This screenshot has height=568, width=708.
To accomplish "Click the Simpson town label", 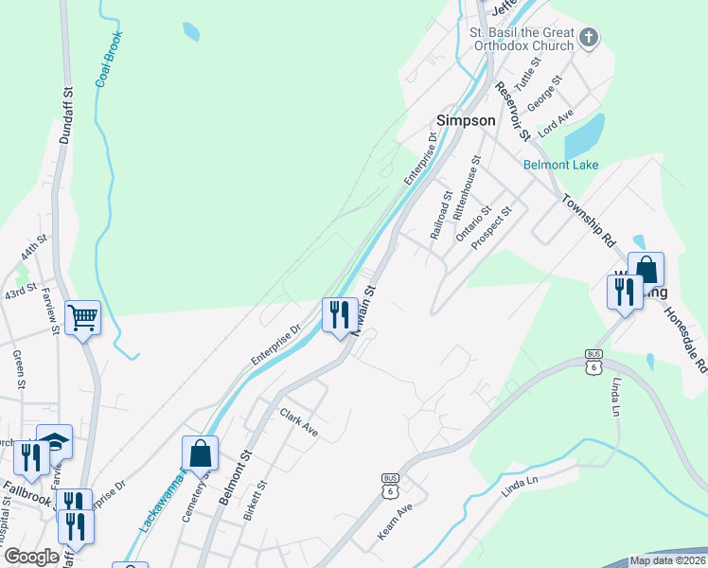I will (465, 120).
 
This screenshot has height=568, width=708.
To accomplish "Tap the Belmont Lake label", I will (560, 165).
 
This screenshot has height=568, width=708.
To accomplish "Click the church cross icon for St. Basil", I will (589, 38).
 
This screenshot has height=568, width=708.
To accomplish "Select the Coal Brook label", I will (109, 60).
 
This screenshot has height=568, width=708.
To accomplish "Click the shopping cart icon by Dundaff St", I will (83, 317).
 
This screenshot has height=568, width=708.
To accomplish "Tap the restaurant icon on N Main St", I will (340, 313).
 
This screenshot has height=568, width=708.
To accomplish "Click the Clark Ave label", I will (299, 421).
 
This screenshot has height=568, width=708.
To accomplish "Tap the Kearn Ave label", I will (396, 522).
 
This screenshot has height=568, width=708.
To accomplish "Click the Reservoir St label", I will (508, 110).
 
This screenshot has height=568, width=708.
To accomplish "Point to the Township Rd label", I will (589, 222).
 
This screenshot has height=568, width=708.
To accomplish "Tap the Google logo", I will (31, 557).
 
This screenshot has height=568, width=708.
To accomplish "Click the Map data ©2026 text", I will (666, 560).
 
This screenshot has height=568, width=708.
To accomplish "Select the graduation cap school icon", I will (54, 440).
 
